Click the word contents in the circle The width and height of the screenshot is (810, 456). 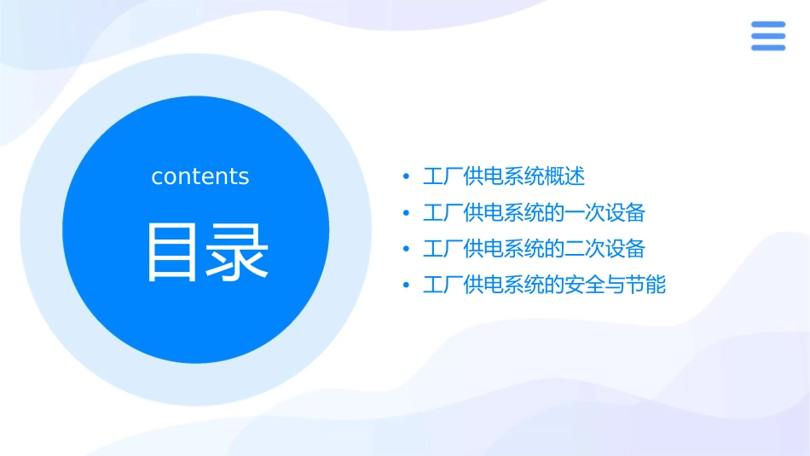coord(200,176)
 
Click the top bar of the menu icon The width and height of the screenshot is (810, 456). coord(768,25)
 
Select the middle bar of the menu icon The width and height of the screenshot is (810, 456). coord(768,36)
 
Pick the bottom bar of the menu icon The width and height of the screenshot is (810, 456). coord(768,47)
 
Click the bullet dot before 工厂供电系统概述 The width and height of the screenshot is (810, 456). coord(406,177)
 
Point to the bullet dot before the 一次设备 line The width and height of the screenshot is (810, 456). coord(406,213)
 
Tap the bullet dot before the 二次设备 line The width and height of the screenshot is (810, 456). coord(406,249)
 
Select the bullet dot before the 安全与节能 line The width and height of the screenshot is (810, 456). coord(406,285)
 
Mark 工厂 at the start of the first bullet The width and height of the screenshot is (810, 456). coord(443,177)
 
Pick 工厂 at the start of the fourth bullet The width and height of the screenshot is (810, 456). coord(443,285)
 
